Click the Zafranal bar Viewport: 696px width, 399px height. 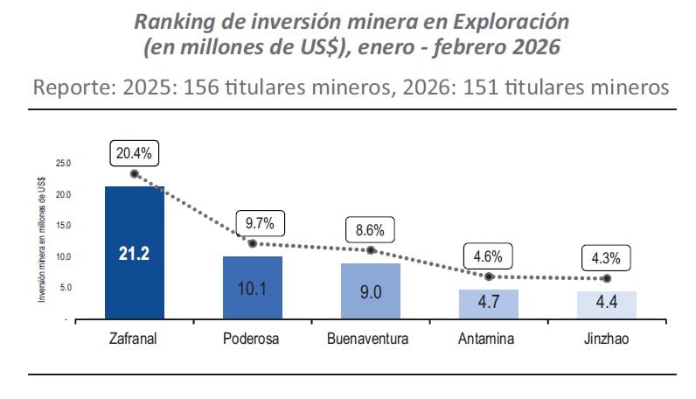(x=134, y=253)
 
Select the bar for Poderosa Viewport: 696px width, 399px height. (x=252, y=288)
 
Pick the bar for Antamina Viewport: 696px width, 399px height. (x=489, y=304)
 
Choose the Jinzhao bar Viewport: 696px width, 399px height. (x=607, y=305)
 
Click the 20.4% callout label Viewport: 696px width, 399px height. (x=134, y=153)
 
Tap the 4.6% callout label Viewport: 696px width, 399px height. (x=488, y=258)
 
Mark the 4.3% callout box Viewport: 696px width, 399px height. (x=607, y=259)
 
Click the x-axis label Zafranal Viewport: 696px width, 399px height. (x=134, y=339)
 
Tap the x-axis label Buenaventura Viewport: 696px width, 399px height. (x=371, y=339)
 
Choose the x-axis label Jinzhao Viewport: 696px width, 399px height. (x=607, y=339)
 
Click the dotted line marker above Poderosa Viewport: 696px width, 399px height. (x=252, y=243)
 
